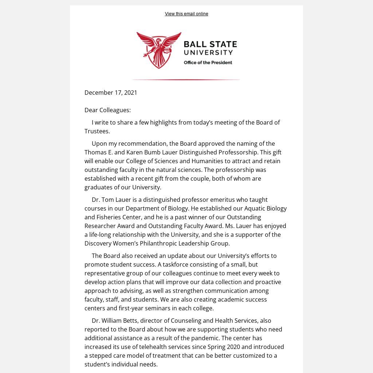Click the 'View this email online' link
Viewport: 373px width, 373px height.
(186, 14)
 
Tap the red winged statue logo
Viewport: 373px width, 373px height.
(159, 50)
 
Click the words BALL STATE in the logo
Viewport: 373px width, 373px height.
(210, 44)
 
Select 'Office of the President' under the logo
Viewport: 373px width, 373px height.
(208, 63)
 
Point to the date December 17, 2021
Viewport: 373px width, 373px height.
(111, 93)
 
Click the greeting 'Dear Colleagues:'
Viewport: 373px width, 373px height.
(107, 110)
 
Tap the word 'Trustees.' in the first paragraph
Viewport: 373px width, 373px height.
(97, 131)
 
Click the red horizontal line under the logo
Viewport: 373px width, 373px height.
(186, 79)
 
